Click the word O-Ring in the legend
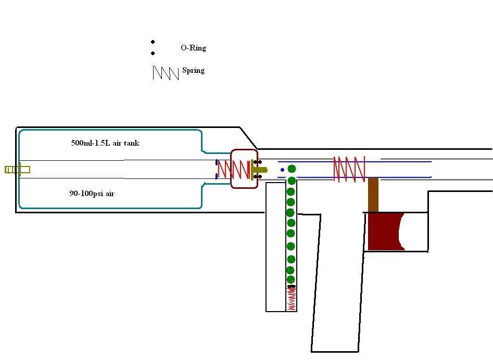193,48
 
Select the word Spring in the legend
193,70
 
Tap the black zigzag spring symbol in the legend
166,73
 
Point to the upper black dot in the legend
153,42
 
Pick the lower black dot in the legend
153,53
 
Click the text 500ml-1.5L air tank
105,143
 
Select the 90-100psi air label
92,194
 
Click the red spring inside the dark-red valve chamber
234,169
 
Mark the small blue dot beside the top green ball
283,170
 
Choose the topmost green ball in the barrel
292,169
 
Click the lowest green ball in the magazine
291,280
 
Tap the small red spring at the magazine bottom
292,299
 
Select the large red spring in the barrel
349,169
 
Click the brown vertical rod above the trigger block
373,195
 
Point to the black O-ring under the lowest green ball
292,287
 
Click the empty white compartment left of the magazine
275,247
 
